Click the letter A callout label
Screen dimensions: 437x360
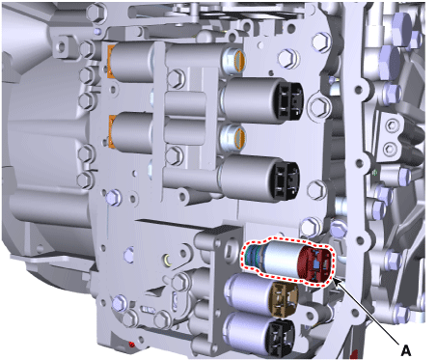(x=406, y=350)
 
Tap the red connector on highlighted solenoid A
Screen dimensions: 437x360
(x=314, y=263)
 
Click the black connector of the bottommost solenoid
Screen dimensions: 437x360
(x=282, y=336)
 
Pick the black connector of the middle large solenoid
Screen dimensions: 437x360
(x=287, y=180)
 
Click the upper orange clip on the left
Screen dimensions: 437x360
(x=110, y=62)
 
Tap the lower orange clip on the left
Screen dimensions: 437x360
(x=111, y=131)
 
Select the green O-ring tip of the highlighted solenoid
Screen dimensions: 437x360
(x=253, y=258)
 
